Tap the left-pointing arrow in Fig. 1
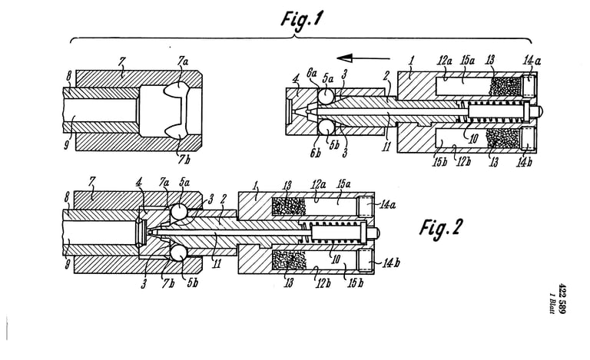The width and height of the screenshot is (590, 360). (363, 58)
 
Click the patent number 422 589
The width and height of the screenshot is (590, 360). (563, 297)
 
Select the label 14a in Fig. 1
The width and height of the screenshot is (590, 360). (532, 60)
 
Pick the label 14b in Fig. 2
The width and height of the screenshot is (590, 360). (391, 263)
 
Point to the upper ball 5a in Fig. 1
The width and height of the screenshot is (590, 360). (326, 96)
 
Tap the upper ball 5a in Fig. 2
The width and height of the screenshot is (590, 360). (178, 211)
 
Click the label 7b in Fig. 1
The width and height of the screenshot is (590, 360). (184, 160)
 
